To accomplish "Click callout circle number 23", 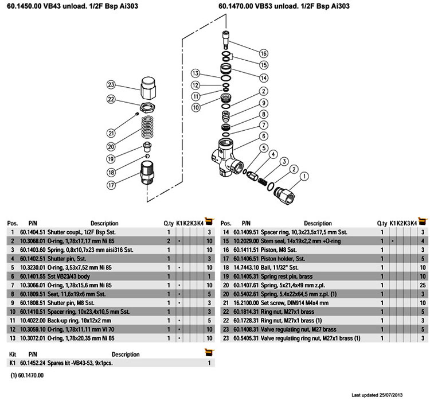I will click(111, 84).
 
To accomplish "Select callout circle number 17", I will click(111, 185).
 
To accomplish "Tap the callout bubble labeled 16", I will click(264, 53).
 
